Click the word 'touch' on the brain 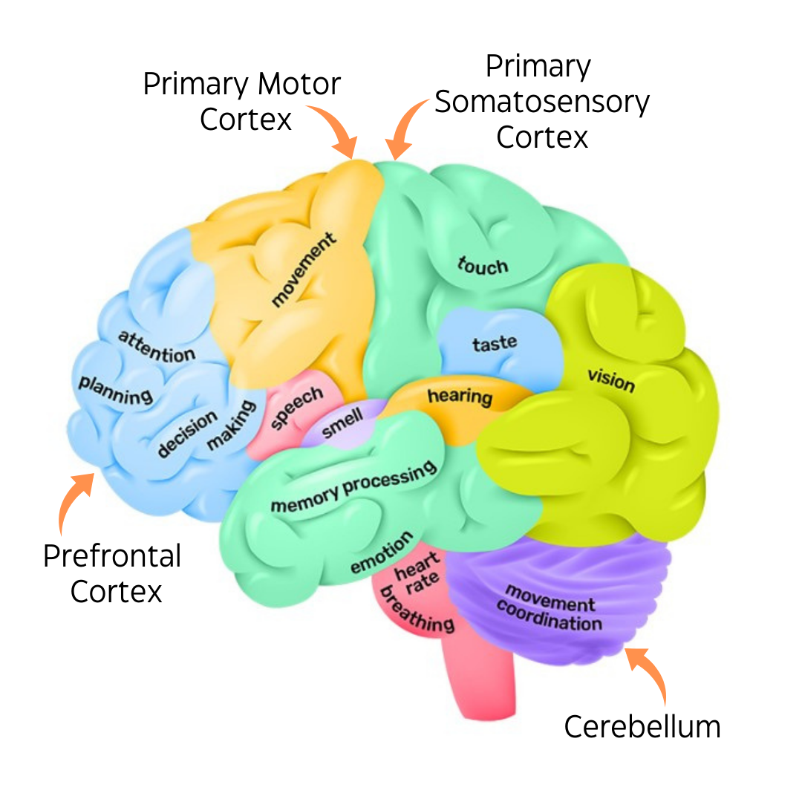coord(483,266)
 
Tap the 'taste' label coord(494,343)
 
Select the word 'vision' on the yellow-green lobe coord(611,380)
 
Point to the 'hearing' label coord(460,397)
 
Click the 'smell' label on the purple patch coord(342,423)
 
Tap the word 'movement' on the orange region coord(303,270)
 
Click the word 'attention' coord(157,348)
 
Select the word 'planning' coord(116,391)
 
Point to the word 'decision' coord(186,434)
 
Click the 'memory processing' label coord(353,486)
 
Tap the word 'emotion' coord(381,552)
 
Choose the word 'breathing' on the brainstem coord(417,610)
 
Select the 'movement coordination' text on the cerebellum coord(550,607)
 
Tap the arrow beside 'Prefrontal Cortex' coord(71,499)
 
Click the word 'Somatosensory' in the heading coord(542,102)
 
